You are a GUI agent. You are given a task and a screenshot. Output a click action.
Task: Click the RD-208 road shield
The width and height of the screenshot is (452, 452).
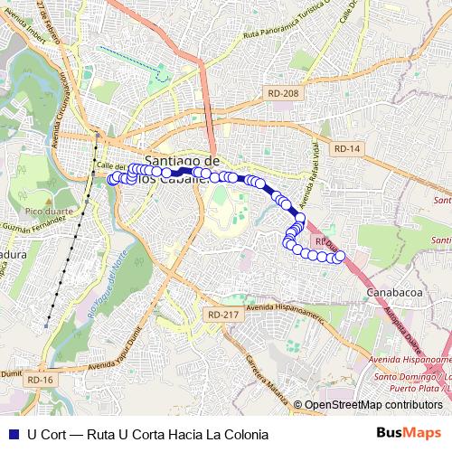pos(283,93)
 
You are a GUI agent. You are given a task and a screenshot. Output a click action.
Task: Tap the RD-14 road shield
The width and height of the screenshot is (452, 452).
pos(346,148)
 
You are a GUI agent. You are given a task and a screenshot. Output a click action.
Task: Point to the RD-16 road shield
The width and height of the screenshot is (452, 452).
pos(41,381)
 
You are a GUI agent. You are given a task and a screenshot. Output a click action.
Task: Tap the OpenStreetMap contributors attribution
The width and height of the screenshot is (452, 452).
pos(372,405)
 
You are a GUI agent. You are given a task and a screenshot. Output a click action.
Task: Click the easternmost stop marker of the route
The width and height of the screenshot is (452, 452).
pos(341,258)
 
